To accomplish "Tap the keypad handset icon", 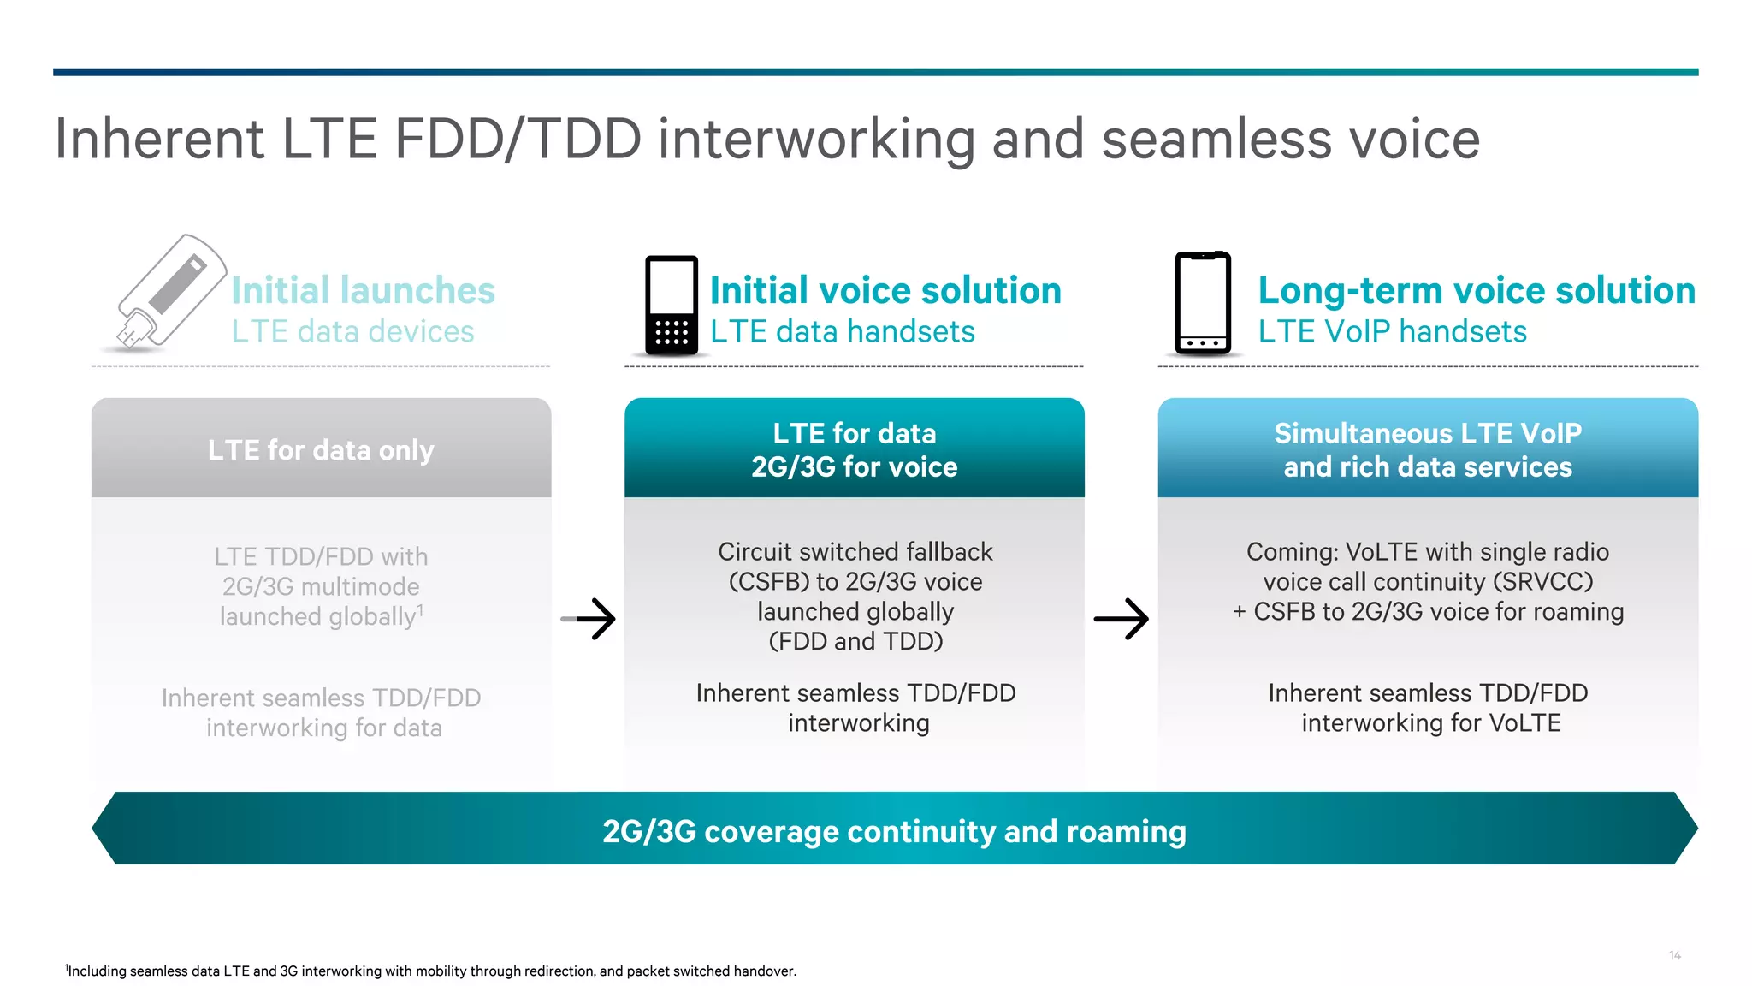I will pos(672,305).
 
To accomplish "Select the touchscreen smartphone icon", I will pos(1203,303).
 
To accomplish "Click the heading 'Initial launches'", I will pos(363,290).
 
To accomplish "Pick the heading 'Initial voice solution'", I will pos(885,290).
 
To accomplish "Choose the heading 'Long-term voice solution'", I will pos(1477,290).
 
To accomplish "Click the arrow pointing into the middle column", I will pos(590,618).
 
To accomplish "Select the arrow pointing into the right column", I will pos(1122,618).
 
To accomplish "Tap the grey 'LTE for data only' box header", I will pos(321,449).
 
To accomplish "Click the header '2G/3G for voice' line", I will pos(854,467).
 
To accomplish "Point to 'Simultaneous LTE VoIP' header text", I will pos(1427,433).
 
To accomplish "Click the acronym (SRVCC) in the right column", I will pos(1542,582).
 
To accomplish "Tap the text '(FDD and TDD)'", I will pos(855,641).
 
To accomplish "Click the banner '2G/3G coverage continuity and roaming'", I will pos(894,830).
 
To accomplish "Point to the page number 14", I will pos(1674,955).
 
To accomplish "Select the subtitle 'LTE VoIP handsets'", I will pos(1392,331).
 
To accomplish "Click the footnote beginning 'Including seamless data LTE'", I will pos(431,971).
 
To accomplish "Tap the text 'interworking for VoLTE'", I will pos(1430,723).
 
